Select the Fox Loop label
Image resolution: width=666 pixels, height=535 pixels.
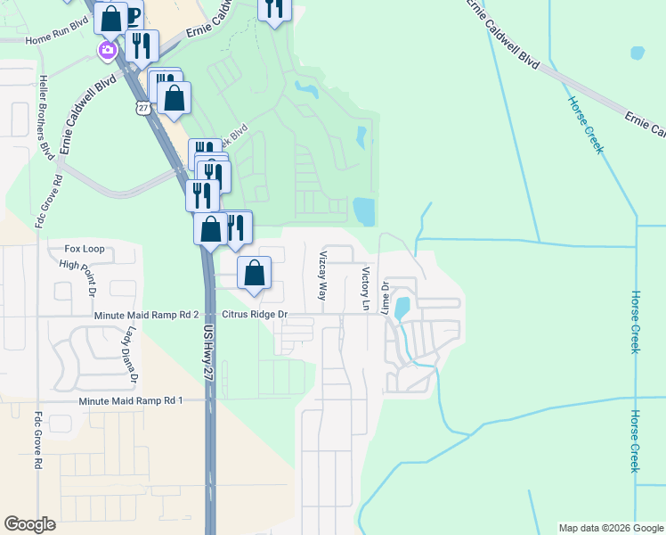click(x=85, y=249)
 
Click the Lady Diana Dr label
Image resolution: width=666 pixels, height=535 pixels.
click(x=132, y=355)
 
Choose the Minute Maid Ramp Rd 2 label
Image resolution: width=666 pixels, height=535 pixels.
click(x=145, y=316)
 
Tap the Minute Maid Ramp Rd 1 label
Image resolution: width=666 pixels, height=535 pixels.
click(x=130, y=401)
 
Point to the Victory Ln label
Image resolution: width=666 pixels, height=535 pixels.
click(x=365, y=287)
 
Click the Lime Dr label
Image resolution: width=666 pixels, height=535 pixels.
click(x=386, y=298)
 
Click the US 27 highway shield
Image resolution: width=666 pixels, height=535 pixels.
click(x=143, y=107)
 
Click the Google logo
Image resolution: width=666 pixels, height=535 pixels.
click(x=30, y=524)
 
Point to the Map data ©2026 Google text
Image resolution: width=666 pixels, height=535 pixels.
click(x=610, y=528)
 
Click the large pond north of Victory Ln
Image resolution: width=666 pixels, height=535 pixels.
click(x=364, y=211)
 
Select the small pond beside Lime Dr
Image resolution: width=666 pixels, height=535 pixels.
click(x=402, y=308)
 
